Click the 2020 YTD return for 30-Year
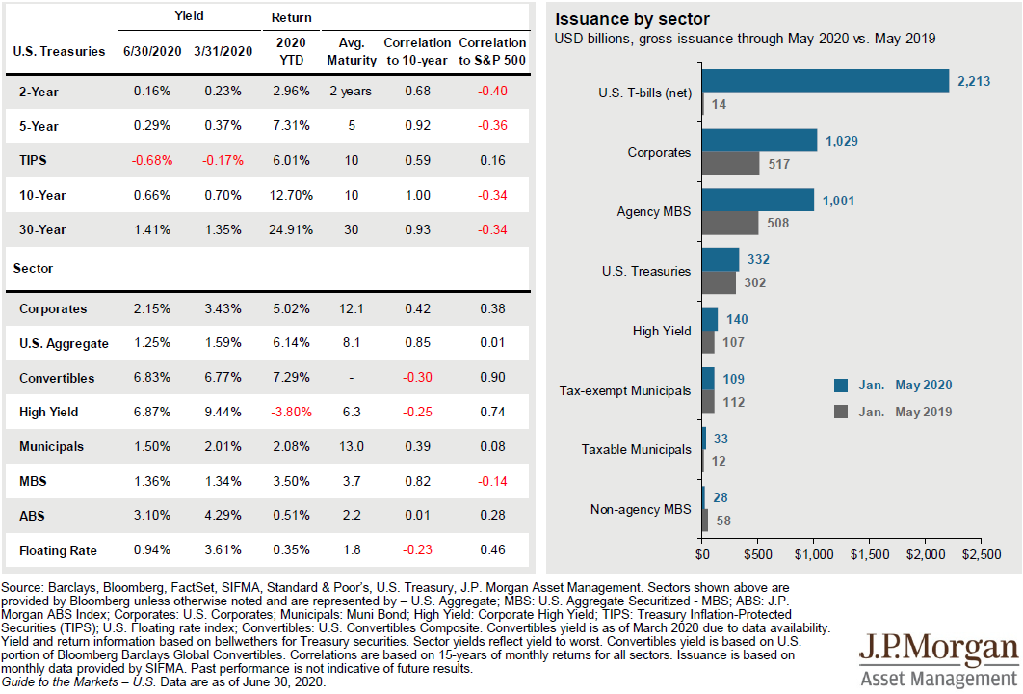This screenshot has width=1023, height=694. click(x=291, y=229)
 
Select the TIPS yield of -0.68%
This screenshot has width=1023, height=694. click(x=152, y=161)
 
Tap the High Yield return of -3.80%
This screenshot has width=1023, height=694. click(x=291, y=412)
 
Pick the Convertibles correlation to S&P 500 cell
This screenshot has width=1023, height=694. click(x=492, y=377)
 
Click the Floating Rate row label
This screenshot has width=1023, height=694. click(x=58, y=550)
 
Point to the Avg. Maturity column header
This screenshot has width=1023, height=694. click(x=352, y=52)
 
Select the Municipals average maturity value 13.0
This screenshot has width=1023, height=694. click(x=352, y=446)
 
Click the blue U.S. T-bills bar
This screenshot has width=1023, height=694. click(x=826, y=81)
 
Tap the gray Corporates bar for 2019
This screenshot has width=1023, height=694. click(x=731, y=164)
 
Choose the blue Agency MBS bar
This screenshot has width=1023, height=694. click(x=758, y=200)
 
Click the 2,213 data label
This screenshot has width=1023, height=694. click(x=974, y=82)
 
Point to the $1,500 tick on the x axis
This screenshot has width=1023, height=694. click(x=870, y=554)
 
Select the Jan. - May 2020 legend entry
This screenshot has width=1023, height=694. click(x=893, y=386)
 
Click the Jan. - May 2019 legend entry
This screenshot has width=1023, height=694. click(x=893, y=412)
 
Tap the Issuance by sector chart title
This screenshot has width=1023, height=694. click(x=632, y=19)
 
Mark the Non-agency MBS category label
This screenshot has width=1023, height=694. click(x=641, y=509)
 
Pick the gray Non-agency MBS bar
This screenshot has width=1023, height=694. click(x=705, y=520)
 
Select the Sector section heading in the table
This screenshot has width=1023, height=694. click(x=34, y=268)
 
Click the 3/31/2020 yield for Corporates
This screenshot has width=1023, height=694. click(x=223, y=308)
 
